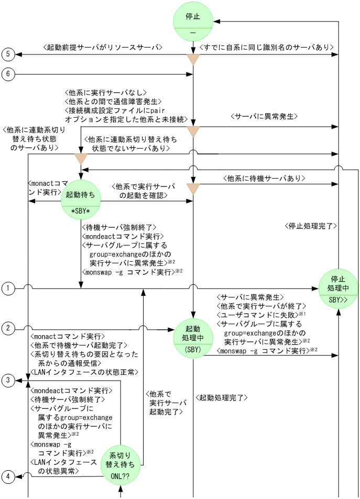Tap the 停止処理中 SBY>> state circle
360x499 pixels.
point(338,289)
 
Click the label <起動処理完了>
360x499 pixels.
point(222,398)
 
